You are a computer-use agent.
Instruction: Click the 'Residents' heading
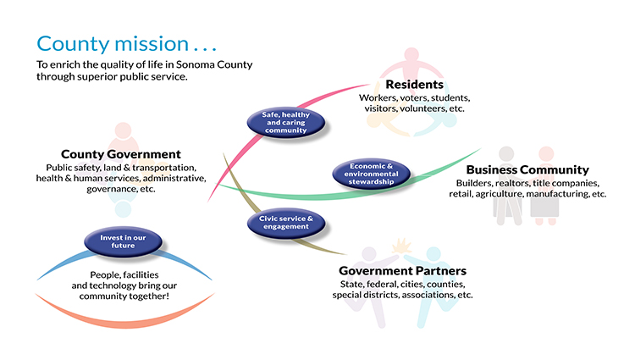414,85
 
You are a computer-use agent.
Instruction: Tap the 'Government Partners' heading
402,270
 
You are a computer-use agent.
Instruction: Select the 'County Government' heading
121,154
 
